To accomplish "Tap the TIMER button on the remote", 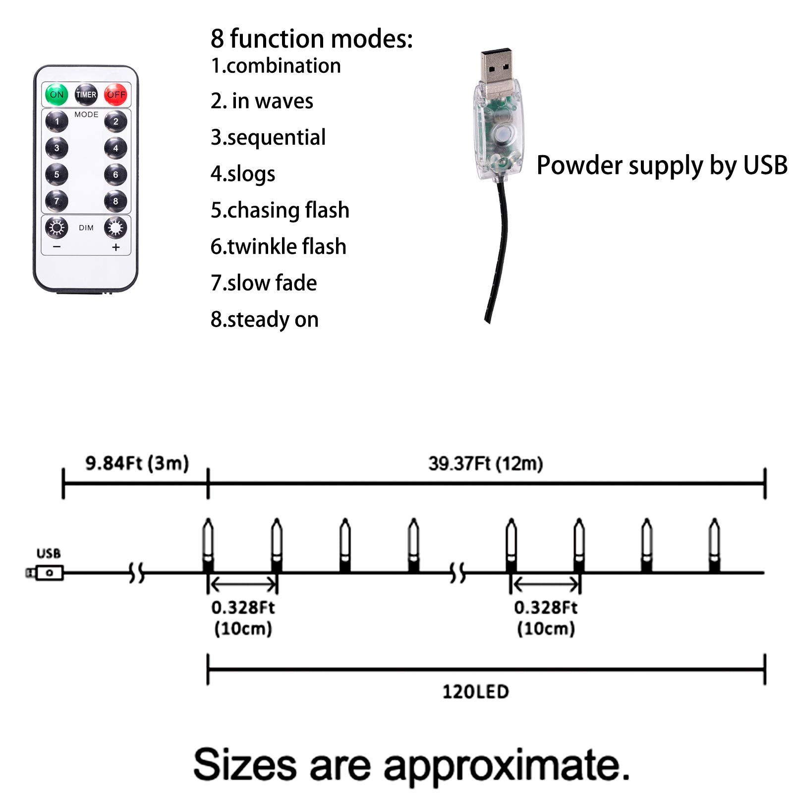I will pyautogui.click(x=86, y=94).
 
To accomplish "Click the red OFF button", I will pyautogui.click(x=115, y=94).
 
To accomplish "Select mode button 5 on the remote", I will pyautogui.click(x=57, y=174).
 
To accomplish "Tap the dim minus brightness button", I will pyautogui.click(x=57, y=228).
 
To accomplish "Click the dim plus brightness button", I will pyautogui.click(x=115, y=228).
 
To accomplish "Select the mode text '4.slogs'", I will pyautogui.click(x=243, y=174).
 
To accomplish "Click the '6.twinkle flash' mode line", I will pyautogui.click(x=278, y=246).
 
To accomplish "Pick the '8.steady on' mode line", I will pyautogui.click(x=264, y=319).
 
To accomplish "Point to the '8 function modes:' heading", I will pyautogui.click(x=311, y=39).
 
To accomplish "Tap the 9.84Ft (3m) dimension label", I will pyautogui.click(x=137, y=463).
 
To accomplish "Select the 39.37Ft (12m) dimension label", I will pyautogui.click(x=485, y=464).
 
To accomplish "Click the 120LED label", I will pyautogui.click(x=475, y=691).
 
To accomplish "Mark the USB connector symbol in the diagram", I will pyautogui.click(x=46, y=573).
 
